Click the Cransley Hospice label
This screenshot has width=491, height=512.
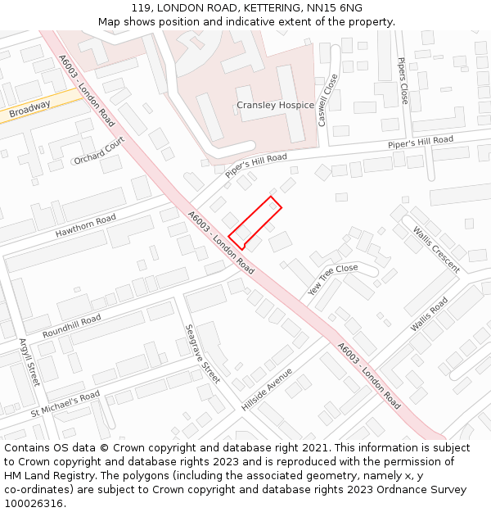(x=275, y=105)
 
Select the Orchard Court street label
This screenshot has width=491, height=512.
(x=99, y=150)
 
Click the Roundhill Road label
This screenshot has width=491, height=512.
(x=71, y=326)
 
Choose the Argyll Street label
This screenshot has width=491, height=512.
(x=29, y=361)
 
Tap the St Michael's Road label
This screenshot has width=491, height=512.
(x=65, y=402)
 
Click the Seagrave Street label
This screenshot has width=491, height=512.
(x=202, y=353)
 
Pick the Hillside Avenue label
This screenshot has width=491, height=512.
(x=267, y=389)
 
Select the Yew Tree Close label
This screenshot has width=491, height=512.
(x=333, y=279)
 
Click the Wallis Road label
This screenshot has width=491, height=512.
(x=430, y=314)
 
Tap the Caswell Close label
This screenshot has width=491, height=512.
(x=327, y=100)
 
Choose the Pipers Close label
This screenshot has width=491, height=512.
(x=402, y=80)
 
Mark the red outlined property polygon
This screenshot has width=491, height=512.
(x=255, y=222)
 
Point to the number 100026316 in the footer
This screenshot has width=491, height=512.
(x=34, y=503)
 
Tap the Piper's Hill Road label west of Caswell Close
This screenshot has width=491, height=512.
(x=256, y=165)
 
